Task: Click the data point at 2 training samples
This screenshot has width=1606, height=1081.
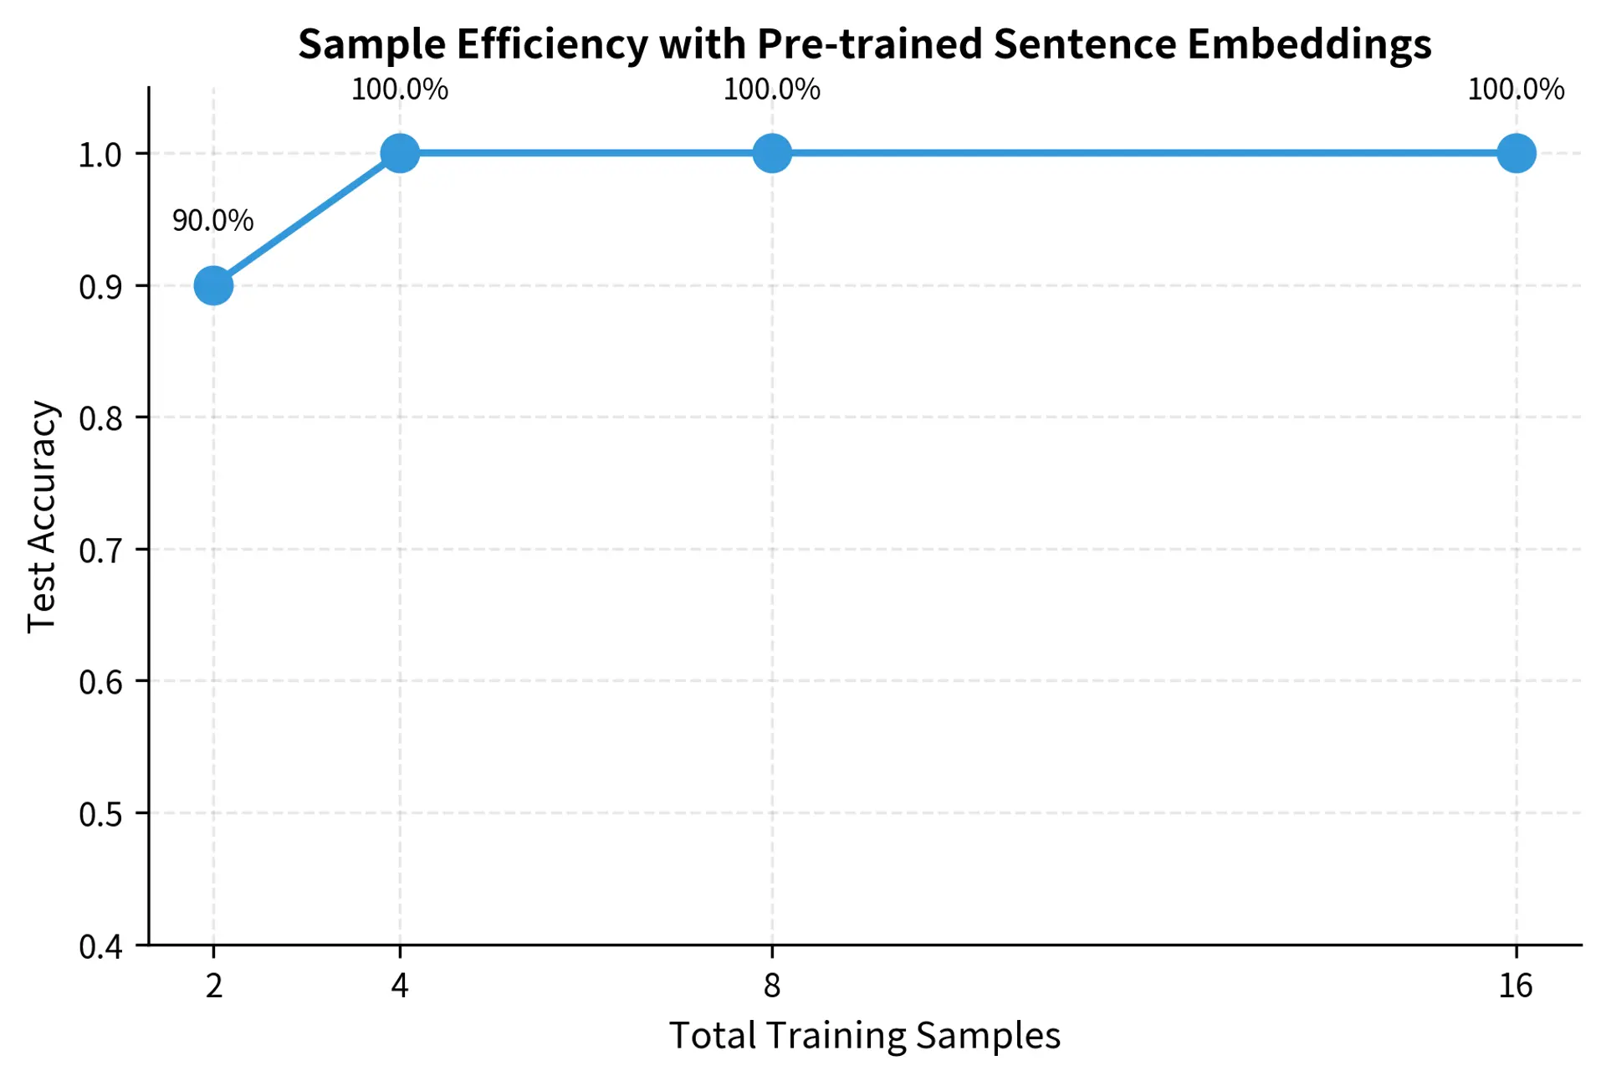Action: point(213,285)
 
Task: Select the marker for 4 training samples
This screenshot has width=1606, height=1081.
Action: point(400,153)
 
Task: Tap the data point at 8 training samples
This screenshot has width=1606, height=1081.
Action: point(772,153)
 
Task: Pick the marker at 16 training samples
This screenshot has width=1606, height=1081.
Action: point(1516,153)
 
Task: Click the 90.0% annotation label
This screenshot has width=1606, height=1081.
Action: point(212,221)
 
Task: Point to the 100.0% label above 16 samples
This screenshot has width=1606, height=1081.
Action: point(1516,90)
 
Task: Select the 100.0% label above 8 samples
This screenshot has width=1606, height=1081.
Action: point(772,90)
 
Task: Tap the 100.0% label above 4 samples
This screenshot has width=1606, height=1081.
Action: point(400,90)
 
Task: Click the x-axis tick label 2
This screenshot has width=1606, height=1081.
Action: point(214,986)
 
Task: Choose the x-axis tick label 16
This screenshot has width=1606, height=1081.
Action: point(1516,986)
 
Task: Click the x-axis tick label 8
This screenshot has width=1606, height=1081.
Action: point(772,986)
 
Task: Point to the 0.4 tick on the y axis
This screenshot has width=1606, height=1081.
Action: point(100,946)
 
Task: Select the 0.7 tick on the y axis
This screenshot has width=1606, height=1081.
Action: point(100,551)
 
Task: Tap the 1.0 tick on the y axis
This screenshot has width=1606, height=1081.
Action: point(100,155)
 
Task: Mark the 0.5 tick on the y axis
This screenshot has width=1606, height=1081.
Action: point(100,814)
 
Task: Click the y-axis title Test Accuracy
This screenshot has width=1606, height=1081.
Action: point(42,516)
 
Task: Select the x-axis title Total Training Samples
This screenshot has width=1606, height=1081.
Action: point(865,1036)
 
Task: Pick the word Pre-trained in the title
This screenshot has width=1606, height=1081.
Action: point(869,44)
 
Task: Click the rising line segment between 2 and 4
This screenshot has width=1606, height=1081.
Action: point(306,219)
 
